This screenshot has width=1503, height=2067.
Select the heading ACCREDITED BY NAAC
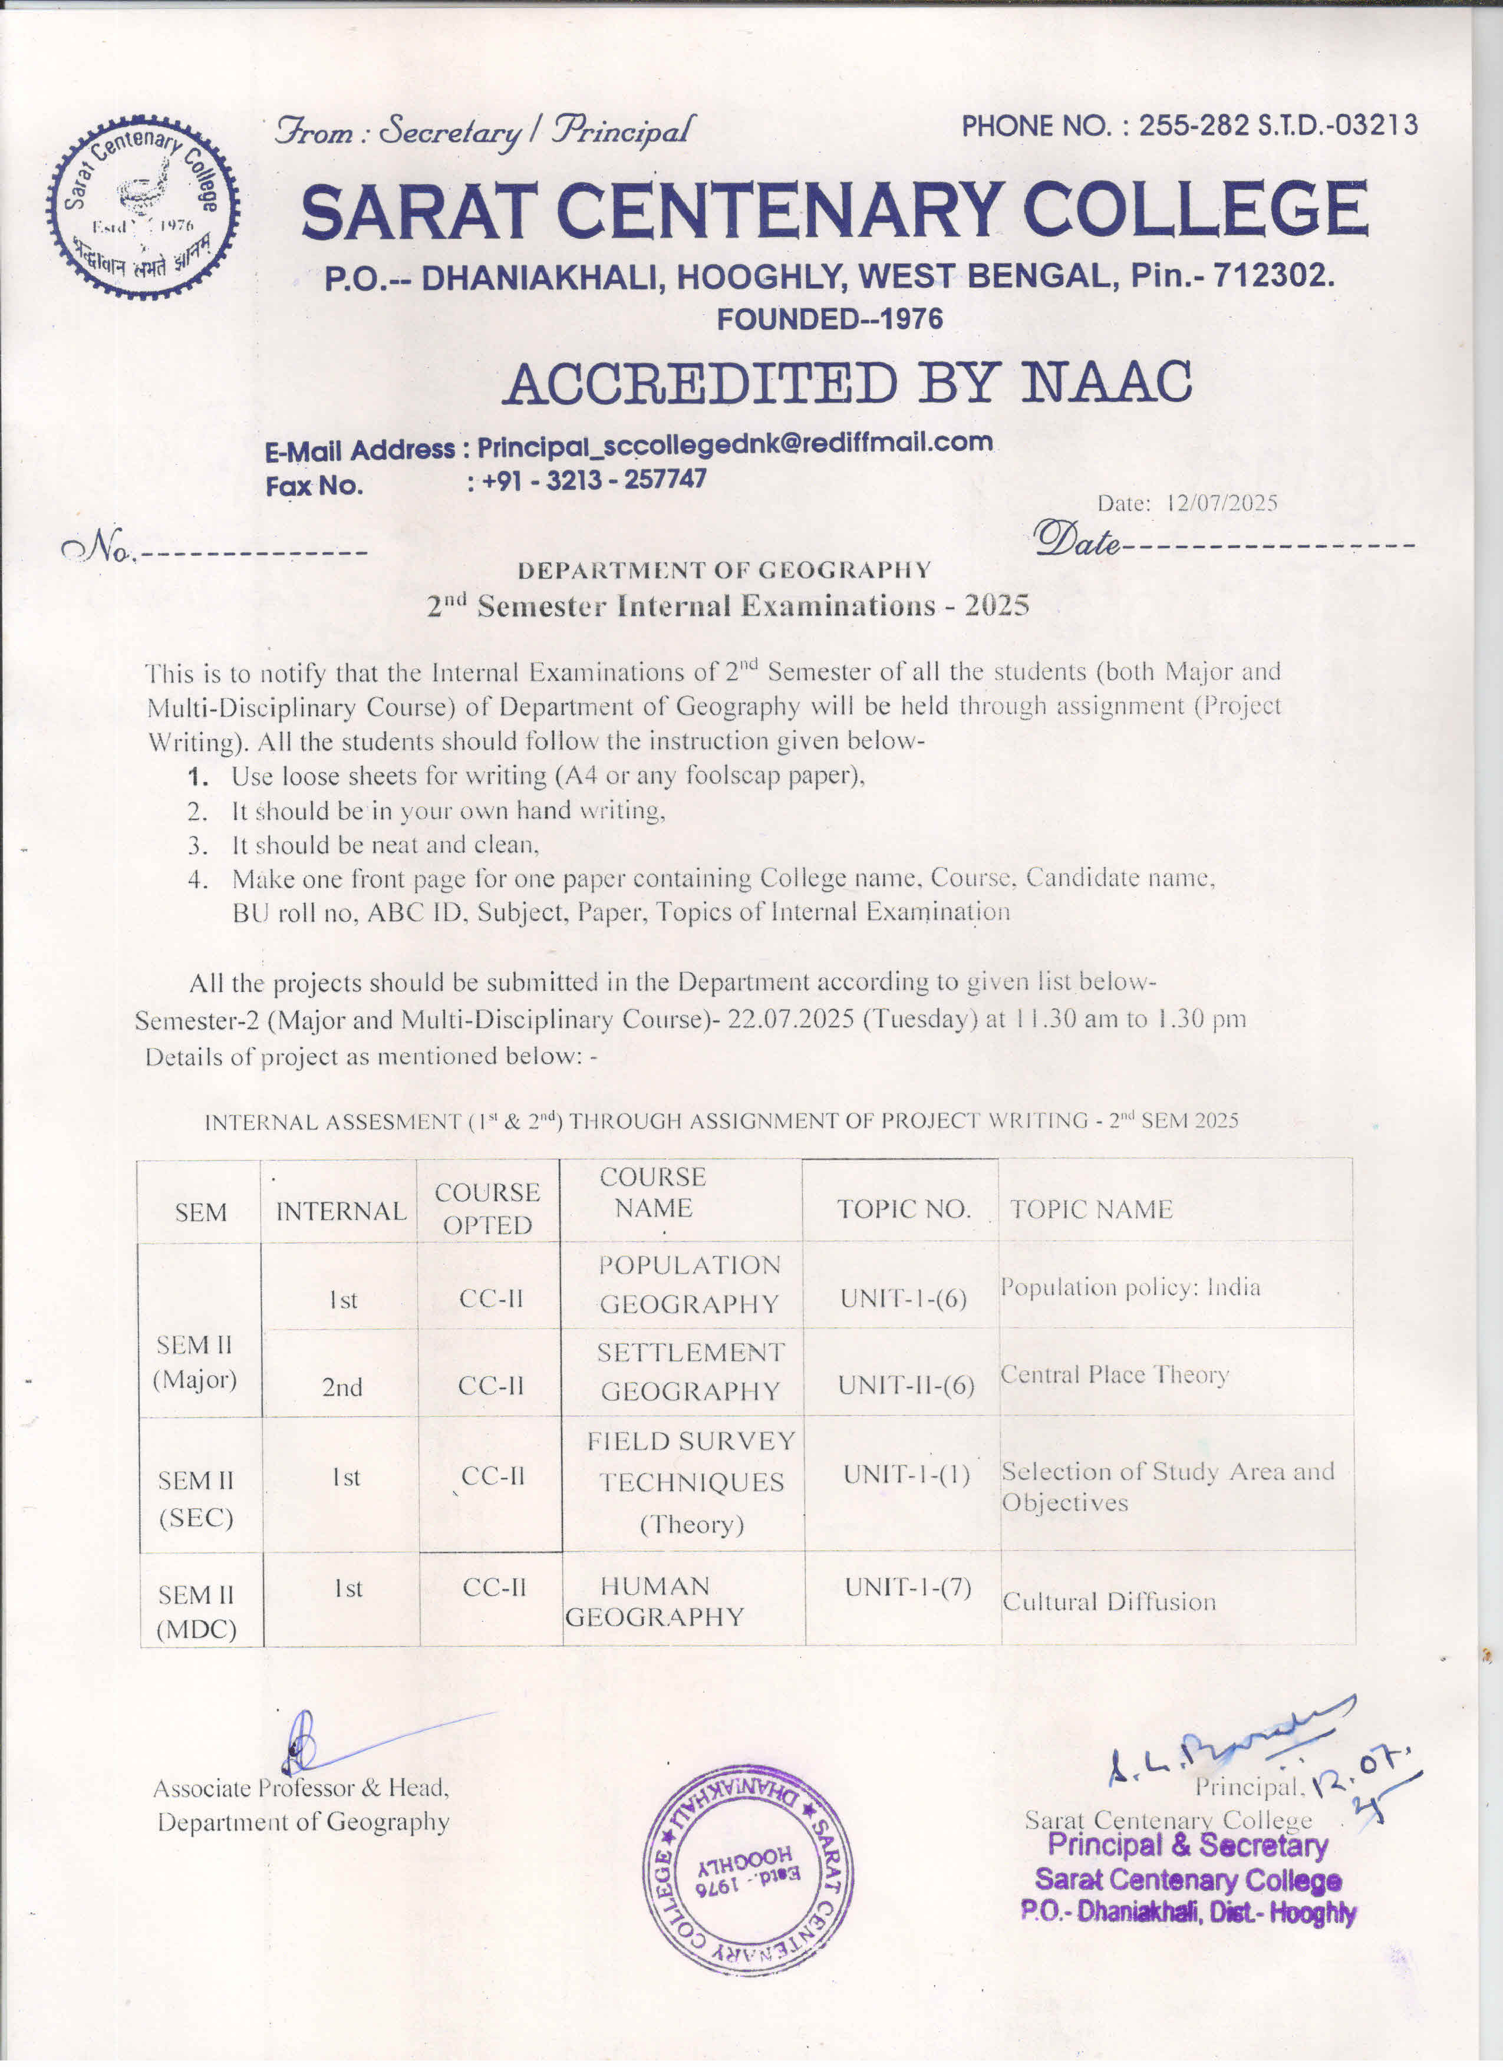tap(847, 382)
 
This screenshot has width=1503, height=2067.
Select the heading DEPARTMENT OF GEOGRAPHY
tap(724, 571)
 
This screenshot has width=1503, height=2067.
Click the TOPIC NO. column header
tap(903, 1209)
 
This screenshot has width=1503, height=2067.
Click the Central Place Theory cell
tap(1115, 1374)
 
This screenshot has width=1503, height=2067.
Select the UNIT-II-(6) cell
tap(906, 1386)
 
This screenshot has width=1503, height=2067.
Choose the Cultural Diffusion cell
tap(1109, 1602)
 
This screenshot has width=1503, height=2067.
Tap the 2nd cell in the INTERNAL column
tap(342, 1387)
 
